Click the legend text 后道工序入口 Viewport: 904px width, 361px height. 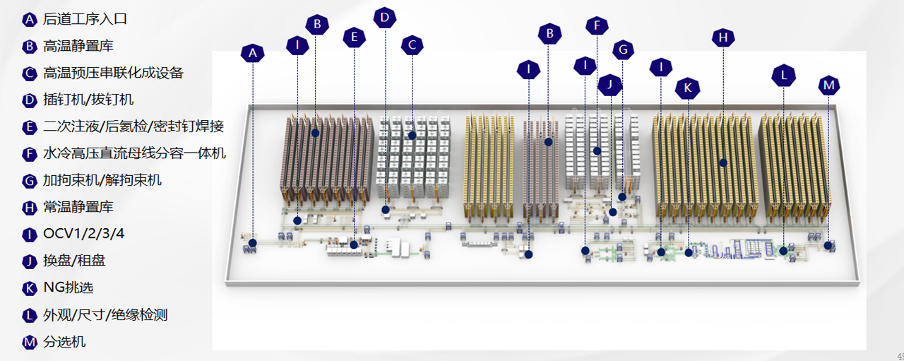[85, 19]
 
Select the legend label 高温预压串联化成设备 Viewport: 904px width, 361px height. [113, 73]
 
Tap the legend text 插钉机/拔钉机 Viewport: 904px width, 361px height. [88, 100]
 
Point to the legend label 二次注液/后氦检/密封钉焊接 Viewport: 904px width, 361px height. [133, 126]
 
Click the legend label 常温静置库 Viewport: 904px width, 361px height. [78, 207]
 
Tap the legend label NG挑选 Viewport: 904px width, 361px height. [68, 288]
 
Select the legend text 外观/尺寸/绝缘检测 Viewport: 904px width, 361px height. [105, 314]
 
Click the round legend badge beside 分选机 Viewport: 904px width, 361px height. [29, 342]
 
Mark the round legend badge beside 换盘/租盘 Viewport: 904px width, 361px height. [29, 261]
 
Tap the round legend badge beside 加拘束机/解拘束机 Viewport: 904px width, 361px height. [29, 180]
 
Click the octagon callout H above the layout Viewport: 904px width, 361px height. [722, 37]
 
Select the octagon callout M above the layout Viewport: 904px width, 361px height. [829, 85]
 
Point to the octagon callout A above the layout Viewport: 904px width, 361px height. [252, 52]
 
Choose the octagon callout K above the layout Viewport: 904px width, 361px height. [686, 88]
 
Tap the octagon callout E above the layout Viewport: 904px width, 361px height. [354, 37]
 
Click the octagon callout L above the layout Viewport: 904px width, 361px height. [783, 73]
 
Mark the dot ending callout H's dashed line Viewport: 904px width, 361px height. [723, 162]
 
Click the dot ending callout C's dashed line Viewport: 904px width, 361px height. [412, 134]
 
